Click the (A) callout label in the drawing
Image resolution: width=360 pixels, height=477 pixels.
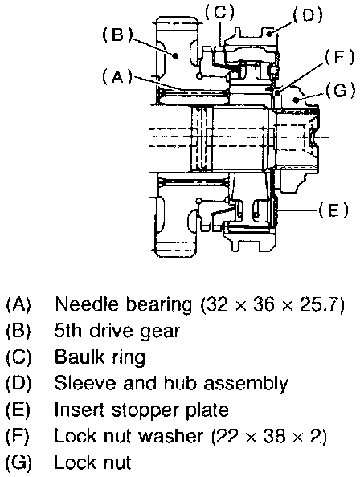tap(117, 76)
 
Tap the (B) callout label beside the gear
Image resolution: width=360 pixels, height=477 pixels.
tap(117, 35)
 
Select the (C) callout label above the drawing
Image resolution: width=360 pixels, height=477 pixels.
tap(219, 11)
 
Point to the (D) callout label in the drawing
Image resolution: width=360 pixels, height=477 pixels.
tap(307, 14)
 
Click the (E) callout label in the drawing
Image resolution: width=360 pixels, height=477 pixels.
tap(333, 210)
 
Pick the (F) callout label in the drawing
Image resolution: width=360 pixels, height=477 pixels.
tap(340, 57)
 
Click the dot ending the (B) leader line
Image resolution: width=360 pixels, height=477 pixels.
tap(175, 55)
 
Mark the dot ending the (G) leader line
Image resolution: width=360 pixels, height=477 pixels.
tap(295, 99)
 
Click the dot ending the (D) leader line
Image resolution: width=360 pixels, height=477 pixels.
tap(270, 34)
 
